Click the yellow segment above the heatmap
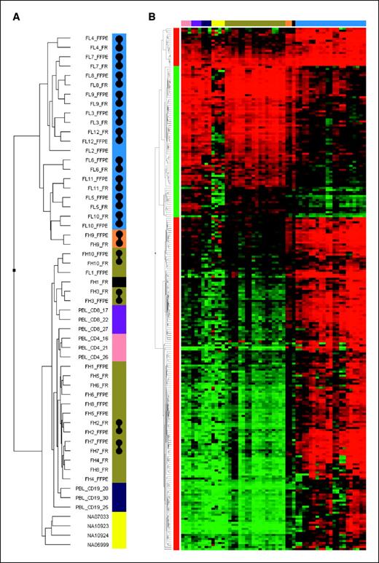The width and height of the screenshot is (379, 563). tap(218, 23)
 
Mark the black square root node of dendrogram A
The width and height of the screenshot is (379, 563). tap(14, 271)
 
